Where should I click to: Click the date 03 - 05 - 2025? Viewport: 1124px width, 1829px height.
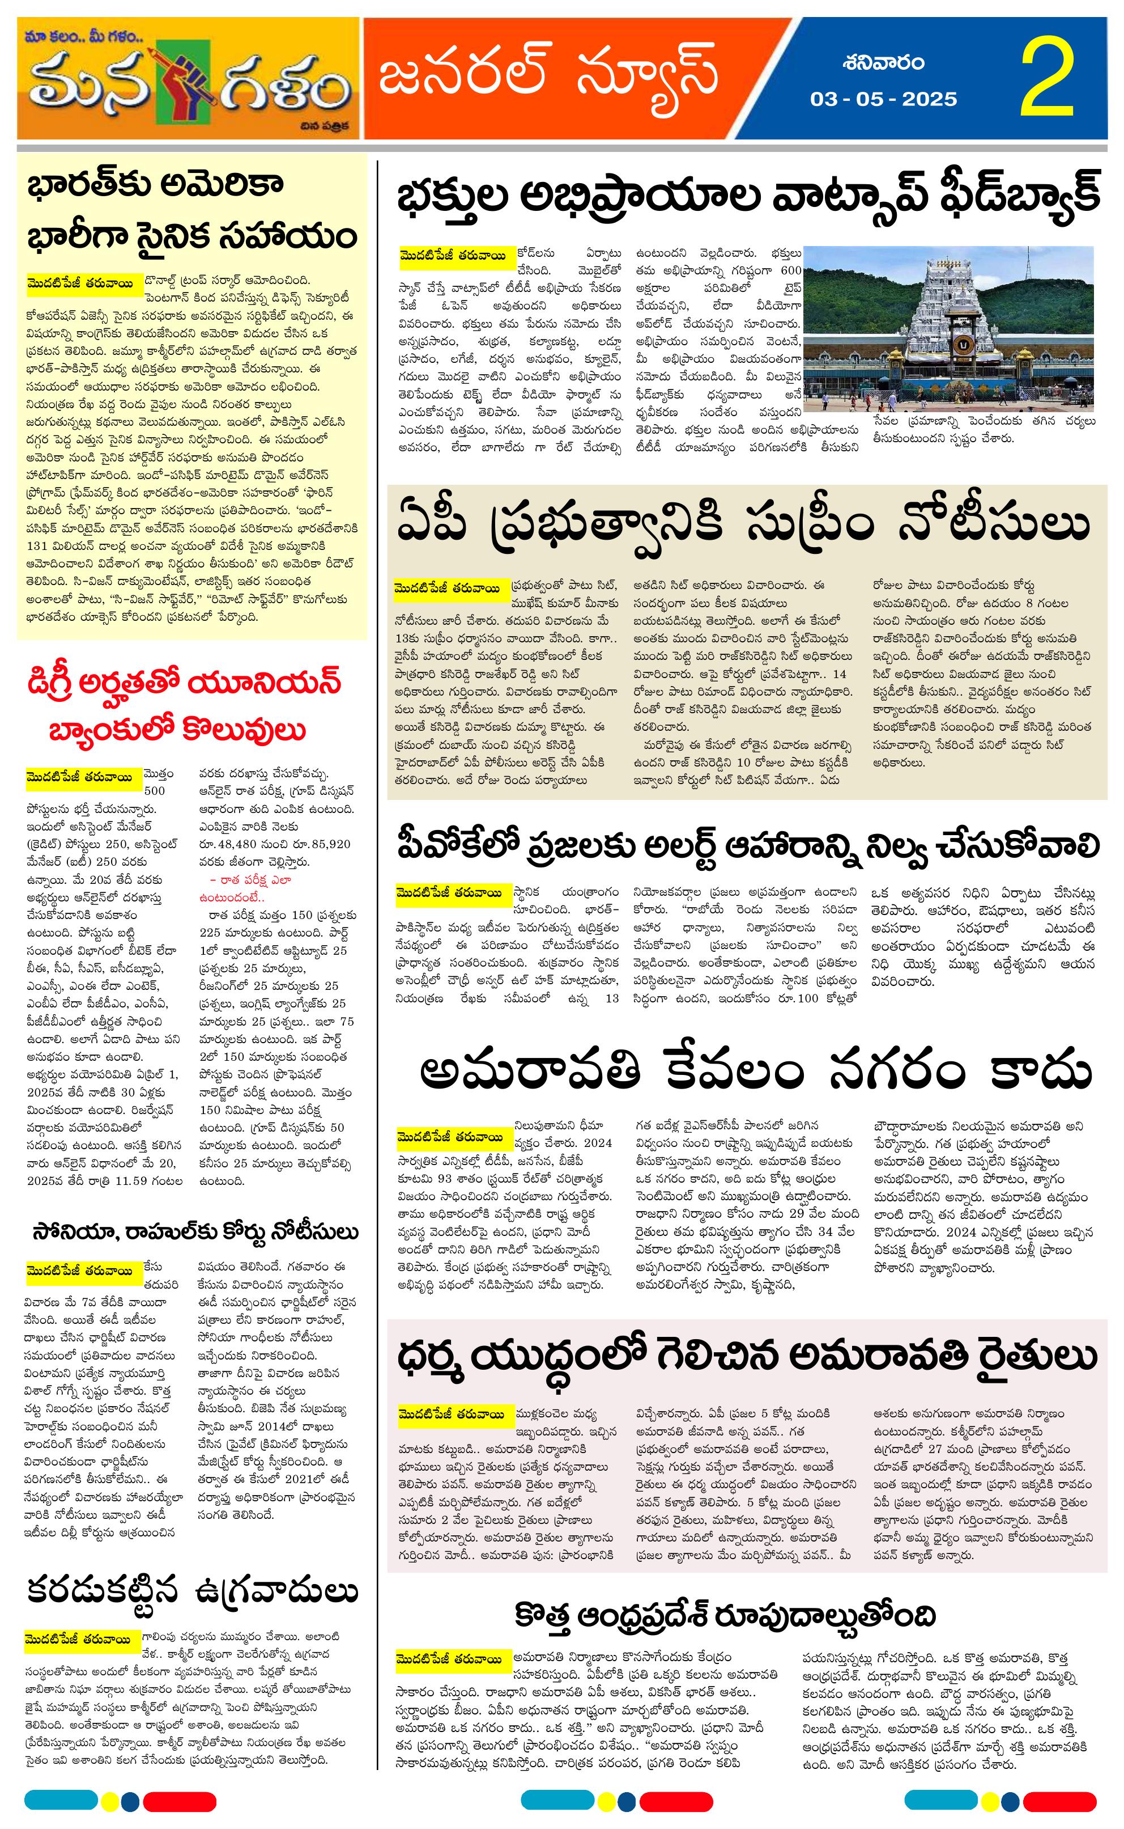pos(883,99)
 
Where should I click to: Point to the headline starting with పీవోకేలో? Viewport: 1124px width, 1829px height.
pos(747,846)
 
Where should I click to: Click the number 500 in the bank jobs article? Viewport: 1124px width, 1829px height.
pos(155,791)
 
